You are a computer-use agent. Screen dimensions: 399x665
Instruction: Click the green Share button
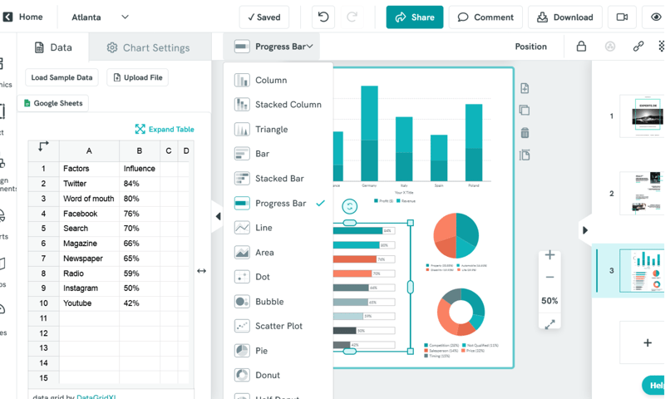(415, 17)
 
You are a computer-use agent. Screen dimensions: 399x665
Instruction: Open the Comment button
(485, 17)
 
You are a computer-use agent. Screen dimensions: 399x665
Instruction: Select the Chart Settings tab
(148, 47)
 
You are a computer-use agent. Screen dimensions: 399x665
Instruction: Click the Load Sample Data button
(62, 77)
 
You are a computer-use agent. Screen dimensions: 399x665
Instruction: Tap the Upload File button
(138, 77)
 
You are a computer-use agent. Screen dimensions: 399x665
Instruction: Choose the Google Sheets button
(54, 103)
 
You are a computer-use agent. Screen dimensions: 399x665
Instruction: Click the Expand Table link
(165, 129)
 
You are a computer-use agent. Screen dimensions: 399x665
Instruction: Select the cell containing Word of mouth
(89, 199)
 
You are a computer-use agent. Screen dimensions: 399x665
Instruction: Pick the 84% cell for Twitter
(139, 184)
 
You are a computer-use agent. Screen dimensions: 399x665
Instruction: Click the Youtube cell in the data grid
(89, 303)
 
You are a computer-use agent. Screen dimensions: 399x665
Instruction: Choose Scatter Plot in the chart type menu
(278, 326)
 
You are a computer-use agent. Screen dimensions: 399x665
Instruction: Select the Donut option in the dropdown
(268, 375)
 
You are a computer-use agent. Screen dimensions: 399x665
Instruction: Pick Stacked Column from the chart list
(288, 105)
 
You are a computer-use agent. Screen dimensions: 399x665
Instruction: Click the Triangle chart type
(271, 130)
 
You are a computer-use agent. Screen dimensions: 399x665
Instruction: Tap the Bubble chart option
(269, 302)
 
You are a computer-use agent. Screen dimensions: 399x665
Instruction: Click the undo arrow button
(323, 17)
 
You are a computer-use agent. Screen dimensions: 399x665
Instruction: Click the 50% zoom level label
(549, 301)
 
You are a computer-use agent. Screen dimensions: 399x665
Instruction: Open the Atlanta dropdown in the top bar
(100, 17)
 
